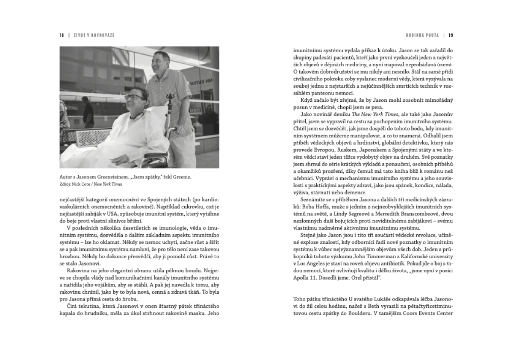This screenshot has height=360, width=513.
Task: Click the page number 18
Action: pos(62,35)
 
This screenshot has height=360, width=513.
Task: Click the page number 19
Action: pos(451,35)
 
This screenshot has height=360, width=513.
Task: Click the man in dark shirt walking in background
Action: pos(88,112)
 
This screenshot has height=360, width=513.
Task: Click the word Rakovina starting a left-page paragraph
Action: pos(79,271)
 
